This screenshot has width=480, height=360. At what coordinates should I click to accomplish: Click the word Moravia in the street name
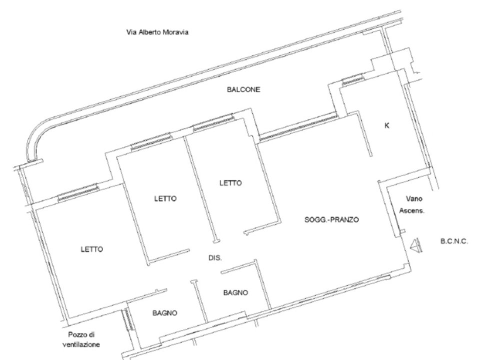175,32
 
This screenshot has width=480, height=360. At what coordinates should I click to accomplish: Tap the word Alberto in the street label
149,32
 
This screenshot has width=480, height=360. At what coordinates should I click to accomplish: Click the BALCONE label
243,89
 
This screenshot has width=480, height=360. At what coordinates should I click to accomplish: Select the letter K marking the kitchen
387,125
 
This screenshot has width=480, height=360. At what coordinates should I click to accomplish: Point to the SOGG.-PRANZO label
331,219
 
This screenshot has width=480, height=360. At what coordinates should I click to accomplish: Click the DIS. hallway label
215,258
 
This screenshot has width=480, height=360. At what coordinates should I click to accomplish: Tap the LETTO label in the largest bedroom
92,249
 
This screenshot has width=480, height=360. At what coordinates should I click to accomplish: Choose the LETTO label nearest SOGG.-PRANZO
230,183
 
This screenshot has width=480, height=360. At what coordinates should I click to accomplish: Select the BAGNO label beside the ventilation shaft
164,313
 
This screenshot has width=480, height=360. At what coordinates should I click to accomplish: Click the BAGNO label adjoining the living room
235,292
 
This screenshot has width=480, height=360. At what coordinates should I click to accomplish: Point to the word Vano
414,198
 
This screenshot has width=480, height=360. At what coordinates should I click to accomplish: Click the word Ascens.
412,210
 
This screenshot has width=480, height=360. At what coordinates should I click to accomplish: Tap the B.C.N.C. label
454,241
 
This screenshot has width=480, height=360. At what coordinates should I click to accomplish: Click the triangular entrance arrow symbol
416,245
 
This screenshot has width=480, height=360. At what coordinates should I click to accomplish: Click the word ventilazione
81,344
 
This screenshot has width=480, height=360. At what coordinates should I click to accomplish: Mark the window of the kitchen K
352,79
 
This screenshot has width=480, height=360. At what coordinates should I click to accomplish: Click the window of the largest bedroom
78,192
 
